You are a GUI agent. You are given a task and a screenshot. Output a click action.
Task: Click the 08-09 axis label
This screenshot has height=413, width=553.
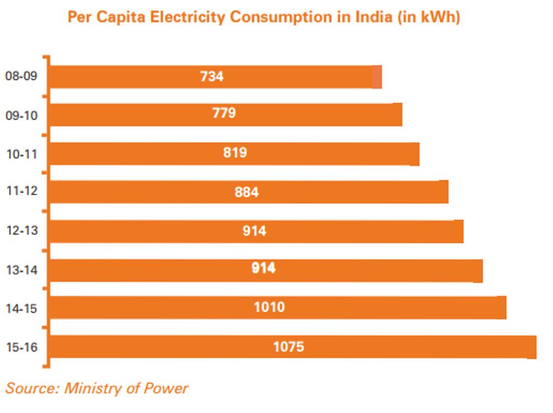[x=22, y=76]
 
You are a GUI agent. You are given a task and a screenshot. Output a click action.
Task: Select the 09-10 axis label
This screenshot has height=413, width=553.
[x=22, y=115]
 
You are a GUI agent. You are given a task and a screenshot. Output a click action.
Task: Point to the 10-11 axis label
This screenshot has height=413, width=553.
[x=22, y=154]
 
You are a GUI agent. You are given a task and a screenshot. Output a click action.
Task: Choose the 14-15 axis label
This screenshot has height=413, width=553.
[x=22, y=308]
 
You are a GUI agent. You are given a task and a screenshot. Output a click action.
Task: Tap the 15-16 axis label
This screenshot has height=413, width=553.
[x=22, y=347]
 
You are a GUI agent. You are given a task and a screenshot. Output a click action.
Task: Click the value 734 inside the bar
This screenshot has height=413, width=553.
[x=212, y=77]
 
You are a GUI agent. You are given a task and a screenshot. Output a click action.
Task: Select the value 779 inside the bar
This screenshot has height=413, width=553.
[x=224, y=113]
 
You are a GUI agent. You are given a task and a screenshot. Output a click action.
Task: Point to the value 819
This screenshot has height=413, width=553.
[x=235, y=153]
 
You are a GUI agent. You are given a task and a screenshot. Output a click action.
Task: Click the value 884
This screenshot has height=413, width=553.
[x=246, y=192]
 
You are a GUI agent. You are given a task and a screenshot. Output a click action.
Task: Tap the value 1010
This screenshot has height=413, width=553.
[x=269, y=307]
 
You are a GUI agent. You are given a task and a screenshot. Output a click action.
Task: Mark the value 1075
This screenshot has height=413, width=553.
[x=288, y=347]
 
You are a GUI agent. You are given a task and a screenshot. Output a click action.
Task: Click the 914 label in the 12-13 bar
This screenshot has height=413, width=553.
[x=254, y=231]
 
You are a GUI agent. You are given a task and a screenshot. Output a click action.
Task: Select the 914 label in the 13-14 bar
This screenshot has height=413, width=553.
[x=264, y=268]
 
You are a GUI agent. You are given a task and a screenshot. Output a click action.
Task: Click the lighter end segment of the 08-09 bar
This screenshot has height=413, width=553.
[x=377, y=77]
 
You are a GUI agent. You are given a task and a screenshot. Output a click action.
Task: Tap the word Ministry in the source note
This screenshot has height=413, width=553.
[x=88, y=388]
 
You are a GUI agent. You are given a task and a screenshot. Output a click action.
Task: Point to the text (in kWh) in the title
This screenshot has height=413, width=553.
[x=429, y=17]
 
